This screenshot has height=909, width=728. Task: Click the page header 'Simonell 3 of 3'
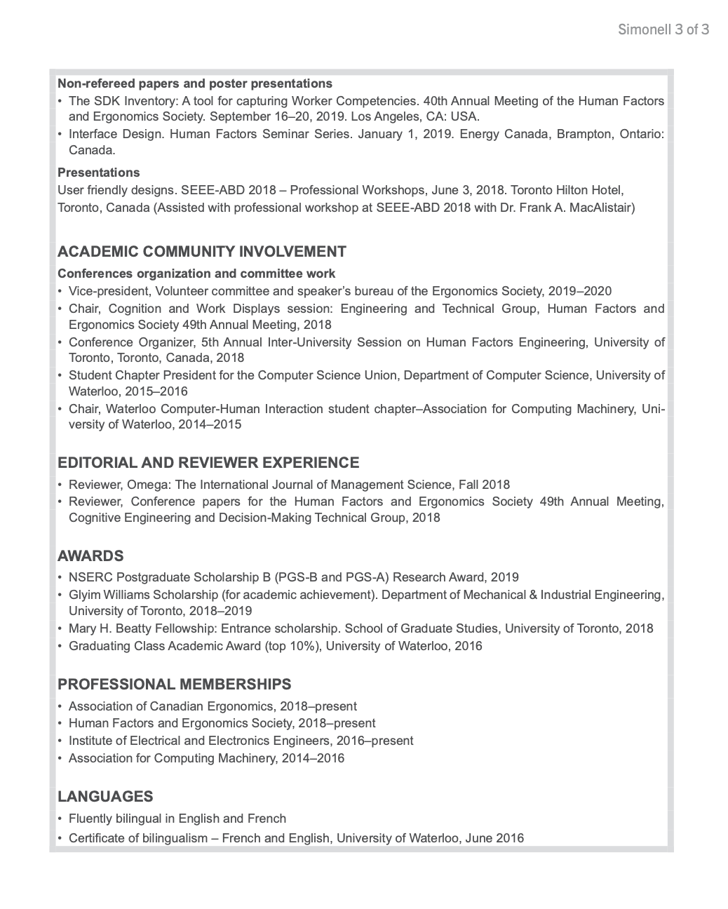[663, 29]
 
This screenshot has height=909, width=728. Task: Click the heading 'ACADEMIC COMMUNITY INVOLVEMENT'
[202, 252]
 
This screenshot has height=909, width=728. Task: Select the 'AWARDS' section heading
[90, 556]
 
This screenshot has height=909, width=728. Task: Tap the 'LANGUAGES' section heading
[105, 797]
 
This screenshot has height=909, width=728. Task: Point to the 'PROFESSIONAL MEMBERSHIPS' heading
[175, 685]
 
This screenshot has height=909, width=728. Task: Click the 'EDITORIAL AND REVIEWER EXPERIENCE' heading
[208, 463]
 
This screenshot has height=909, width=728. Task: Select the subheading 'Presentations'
[98, 173]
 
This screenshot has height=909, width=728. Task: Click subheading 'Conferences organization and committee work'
[196, 274]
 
